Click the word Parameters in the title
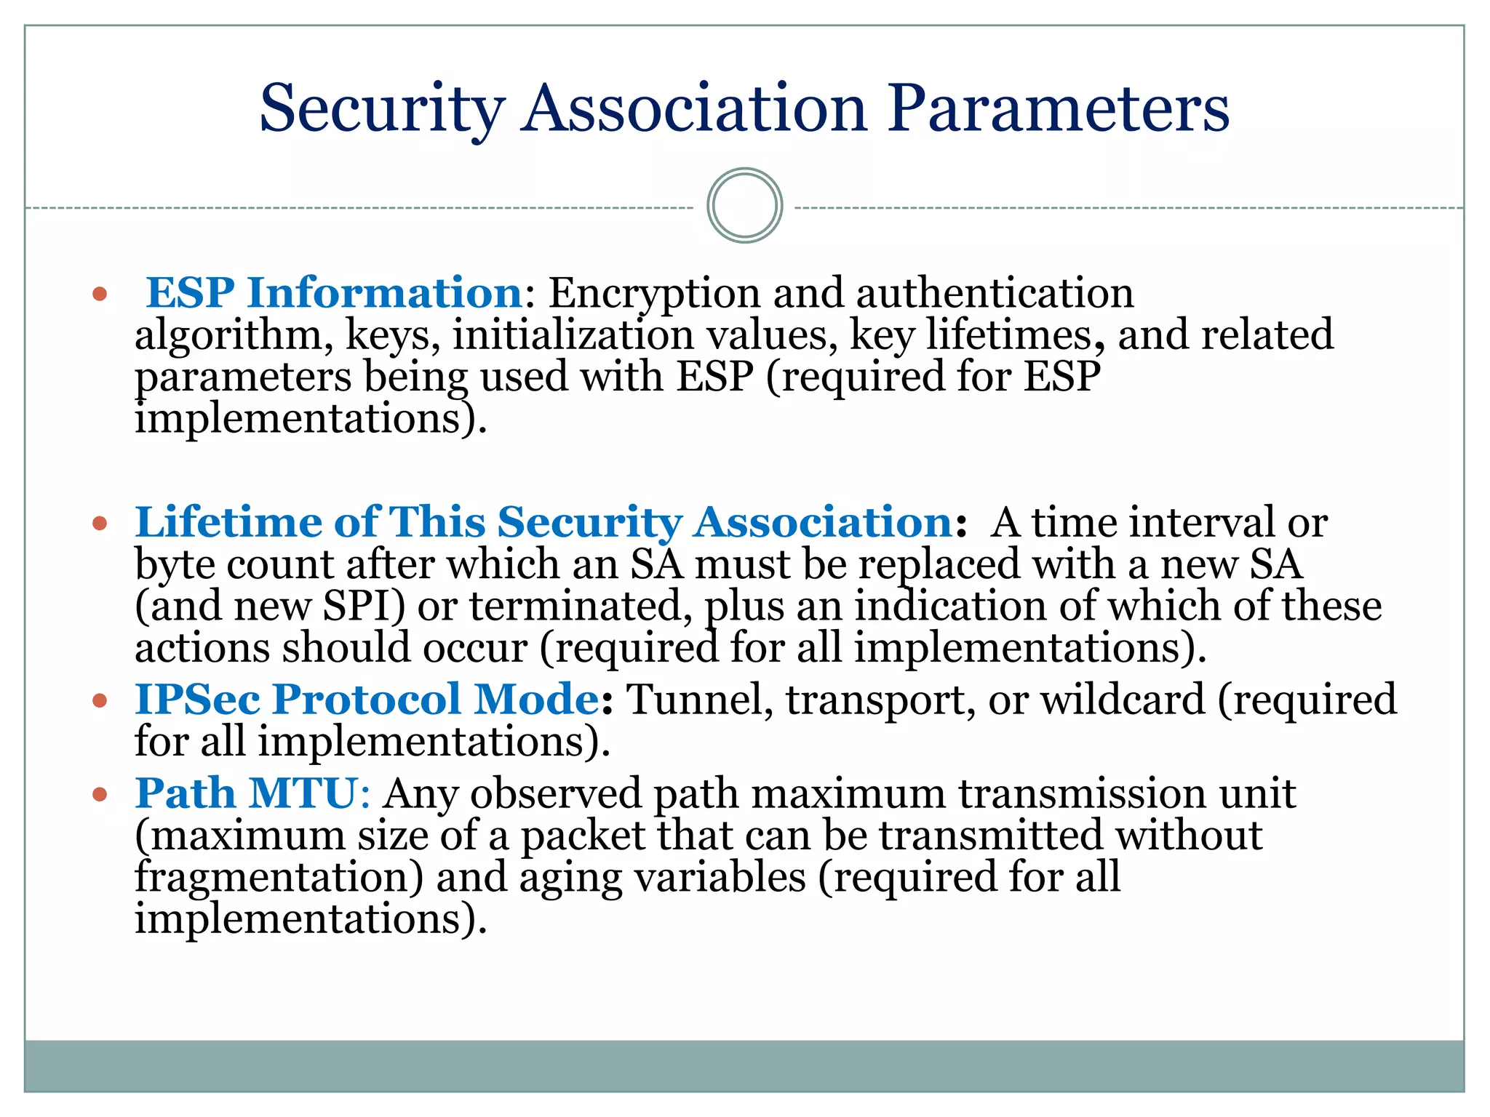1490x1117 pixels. [1058, 109]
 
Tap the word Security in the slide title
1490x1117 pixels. [381, 109]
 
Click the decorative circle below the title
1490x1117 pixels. [744, 206]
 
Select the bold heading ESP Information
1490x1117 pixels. [333, 293]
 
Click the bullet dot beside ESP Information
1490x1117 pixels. [100, 295]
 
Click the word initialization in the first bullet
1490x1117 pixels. [573, 335]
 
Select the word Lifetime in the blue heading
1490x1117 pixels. [228, 522]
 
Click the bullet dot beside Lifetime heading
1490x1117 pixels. [100, 524]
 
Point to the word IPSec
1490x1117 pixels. [197, 700]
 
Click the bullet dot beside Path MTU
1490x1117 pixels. [100, 795]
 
